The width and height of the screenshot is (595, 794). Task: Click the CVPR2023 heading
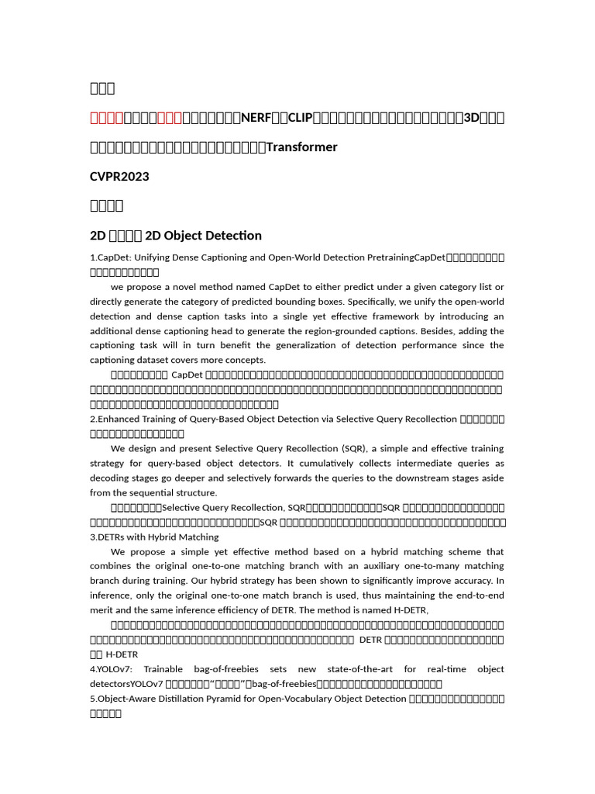119,176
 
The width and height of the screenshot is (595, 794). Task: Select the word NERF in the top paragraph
256,118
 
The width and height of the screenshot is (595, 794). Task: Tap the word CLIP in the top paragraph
300,118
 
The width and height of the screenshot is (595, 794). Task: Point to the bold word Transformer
301,147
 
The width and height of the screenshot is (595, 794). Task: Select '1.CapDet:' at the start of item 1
110,257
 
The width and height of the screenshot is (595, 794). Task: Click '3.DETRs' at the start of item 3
111,537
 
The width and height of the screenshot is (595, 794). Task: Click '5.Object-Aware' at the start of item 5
126,699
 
